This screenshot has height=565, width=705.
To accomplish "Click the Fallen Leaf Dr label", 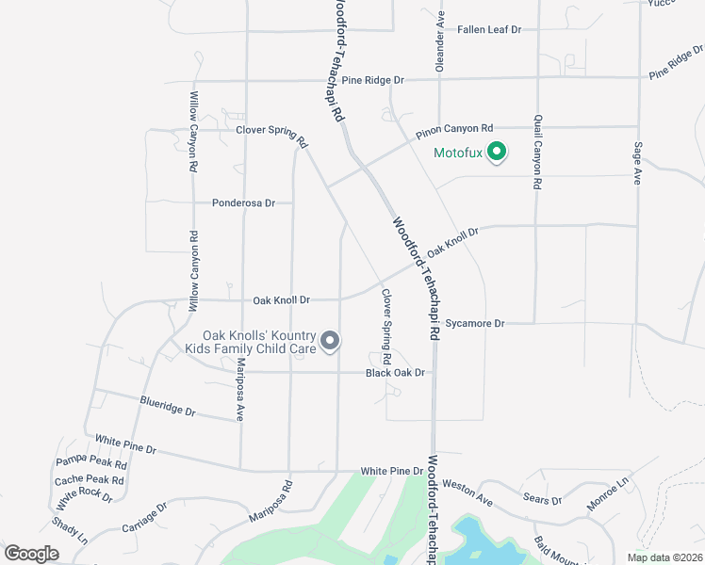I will [x=489, y=30].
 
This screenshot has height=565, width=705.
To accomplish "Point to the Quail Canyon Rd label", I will [x=537, y=153].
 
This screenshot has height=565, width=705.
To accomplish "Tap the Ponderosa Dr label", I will [x=243, y=202].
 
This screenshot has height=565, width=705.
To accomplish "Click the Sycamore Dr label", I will [x=475, y=324].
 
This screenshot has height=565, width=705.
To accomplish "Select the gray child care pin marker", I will [x=330, y=341].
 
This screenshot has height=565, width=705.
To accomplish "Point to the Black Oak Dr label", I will [x=396, y=374].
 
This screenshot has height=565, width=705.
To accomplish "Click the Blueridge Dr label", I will [x=167, y=406].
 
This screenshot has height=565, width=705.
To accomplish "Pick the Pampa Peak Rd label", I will [x=91, y=461].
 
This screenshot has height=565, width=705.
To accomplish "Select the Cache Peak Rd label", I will [x=89, y=479].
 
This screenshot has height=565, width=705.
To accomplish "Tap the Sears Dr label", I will [x=542, y=500].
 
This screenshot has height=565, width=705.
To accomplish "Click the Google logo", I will [x=31, y=554].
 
